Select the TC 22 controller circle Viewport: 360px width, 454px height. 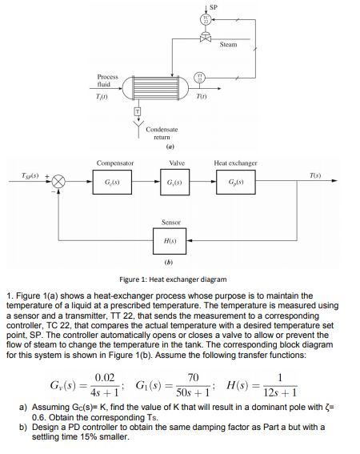pyautogui.click(x=206, y=20)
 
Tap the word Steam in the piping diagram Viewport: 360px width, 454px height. pyautogui.click(x=228, y=45)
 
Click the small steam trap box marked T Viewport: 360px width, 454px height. pyautogui.click(x=136, y=109)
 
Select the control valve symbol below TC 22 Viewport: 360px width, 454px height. pyautogui.click(x=206, y=38)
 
